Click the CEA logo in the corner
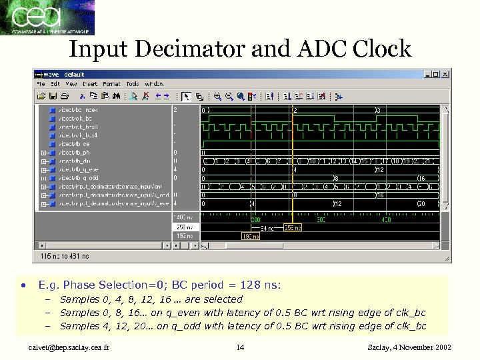tap(47, 17)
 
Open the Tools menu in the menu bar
tap(133, 84)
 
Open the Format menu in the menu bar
tap(111, 84)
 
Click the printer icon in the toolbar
tap(71, 96)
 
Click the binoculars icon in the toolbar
tap(116, 96)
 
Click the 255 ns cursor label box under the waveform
tap(292, 228)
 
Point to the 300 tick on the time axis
tap(321, 219)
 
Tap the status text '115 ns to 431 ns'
tap(65, 256)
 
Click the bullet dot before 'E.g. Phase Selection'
tap(23, 285)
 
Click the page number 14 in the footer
tap(241, 347)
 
